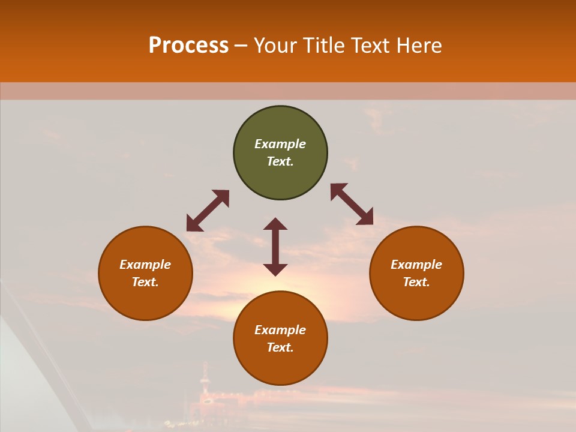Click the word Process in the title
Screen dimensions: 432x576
click(188, 46)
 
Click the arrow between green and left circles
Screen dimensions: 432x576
click(208, 211)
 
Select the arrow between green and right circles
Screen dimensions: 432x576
click(352, 204)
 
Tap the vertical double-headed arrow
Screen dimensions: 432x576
click(275, 247)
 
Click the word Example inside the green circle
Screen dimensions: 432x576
click(280, 144)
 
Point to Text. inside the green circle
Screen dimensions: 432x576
click(280, 161)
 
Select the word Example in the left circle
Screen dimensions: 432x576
click(145, 265)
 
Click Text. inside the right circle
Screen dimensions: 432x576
click(416, 282)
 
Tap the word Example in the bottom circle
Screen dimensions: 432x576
click(280, 330)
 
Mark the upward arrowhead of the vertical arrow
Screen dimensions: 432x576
click(275, 224)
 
